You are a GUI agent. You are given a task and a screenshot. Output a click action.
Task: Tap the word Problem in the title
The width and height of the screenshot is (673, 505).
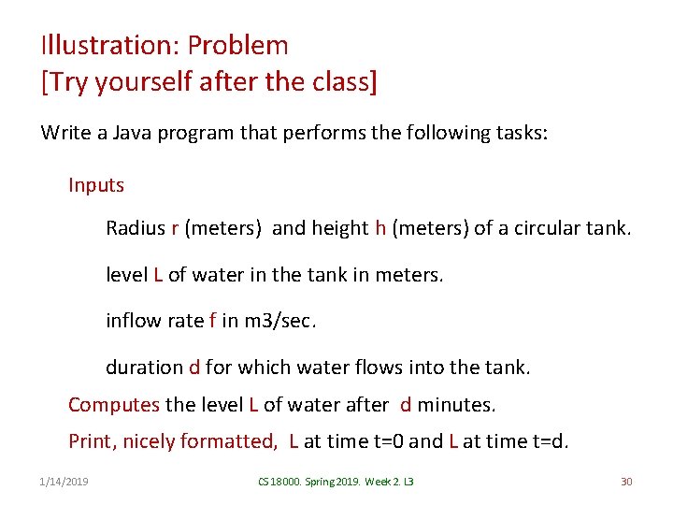click(x=238, y=45)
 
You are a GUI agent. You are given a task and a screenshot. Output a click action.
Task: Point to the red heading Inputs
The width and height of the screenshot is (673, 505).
click(x=96, y=185)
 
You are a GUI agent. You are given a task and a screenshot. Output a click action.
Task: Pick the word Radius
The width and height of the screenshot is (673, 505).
click(x=136, y=228)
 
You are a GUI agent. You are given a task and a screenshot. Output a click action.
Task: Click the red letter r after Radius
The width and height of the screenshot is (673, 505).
click(x=175, y=229)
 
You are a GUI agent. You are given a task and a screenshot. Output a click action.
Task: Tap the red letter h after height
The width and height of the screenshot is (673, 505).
click(x=380, y=228)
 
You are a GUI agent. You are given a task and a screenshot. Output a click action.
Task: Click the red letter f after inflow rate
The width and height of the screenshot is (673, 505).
click(x=212, y=321)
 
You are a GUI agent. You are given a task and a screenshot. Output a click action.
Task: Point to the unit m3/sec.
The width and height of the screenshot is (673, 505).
click(x=279, y=321)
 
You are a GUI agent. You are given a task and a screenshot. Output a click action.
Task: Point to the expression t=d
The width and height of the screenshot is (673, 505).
click(x=545, y=441)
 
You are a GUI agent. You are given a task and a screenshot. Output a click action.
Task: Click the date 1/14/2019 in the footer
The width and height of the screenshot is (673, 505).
click(x=65, y=482)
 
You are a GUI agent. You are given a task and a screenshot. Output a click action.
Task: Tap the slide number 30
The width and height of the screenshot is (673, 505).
click(x=626, y=482)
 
